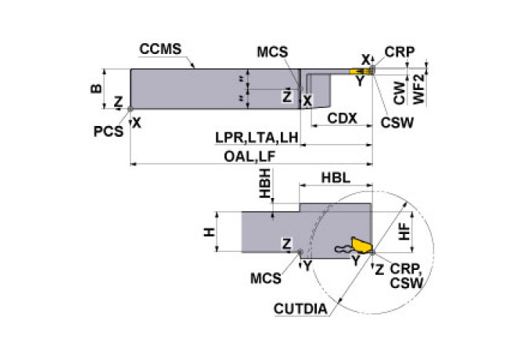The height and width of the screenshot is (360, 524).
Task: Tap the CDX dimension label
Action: pos(342,119)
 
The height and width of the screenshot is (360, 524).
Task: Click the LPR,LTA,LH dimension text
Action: pos(257,137)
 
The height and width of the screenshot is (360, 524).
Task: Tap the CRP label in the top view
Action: pos(400,52)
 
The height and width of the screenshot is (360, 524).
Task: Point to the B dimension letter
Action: pos(95,88)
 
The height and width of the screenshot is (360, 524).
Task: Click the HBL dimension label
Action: pos(336,179)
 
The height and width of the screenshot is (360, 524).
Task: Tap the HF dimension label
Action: pos(402,231)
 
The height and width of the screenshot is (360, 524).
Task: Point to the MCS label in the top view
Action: pos(271,53)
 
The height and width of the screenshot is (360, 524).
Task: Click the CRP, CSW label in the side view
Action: pos(407,276)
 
